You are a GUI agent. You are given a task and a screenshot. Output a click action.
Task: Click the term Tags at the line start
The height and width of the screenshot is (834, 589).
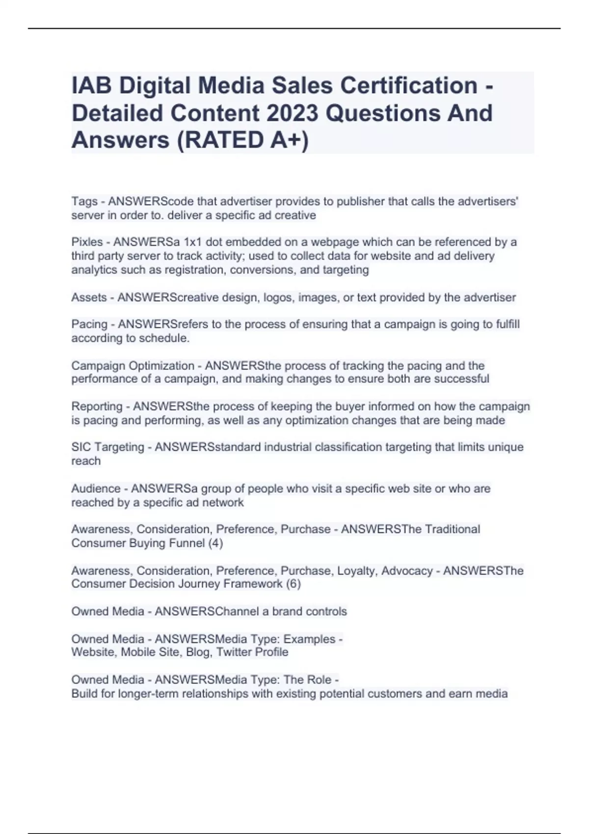pyautogui.click(x=84, y=201)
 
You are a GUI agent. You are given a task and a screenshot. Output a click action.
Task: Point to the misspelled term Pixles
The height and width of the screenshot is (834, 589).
pyautogui.click(x=87, y=242)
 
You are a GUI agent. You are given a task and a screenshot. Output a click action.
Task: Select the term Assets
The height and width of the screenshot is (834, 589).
pyautogui.click(x=89, y=297)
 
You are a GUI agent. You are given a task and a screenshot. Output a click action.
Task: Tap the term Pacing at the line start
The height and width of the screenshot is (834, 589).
pyautogui.click(x=89, y=324)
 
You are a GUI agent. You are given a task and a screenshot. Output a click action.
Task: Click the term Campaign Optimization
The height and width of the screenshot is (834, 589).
pyautogui.click(x=133, y=365)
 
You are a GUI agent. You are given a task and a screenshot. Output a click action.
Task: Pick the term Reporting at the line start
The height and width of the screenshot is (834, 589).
pyautogui.click(x=97, y=406)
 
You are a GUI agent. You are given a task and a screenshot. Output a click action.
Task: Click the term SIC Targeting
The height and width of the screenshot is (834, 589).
pyautogui.click(x=107, y=447)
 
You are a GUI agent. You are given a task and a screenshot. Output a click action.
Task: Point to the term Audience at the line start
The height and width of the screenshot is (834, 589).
pyautogui.click(x=96, y=489)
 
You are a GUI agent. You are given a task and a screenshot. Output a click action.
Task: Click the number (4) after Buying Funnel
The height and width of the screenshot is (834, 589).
pyautogui.click(x=215, y=543)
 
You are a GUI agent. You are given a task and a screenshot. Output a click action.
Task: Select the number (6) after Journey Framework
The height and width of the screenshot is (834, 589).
pyautogui.click(x=293, y=584)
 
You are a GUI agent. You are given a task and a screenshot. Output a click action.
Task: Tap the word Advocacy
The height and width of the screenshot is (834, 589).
pyautogui.click(x=407, y=571)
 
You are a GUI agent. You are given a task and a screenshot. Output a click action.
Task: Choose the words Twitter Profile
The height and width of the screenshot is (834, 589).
pyautogui.click(x=252, y=652)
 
